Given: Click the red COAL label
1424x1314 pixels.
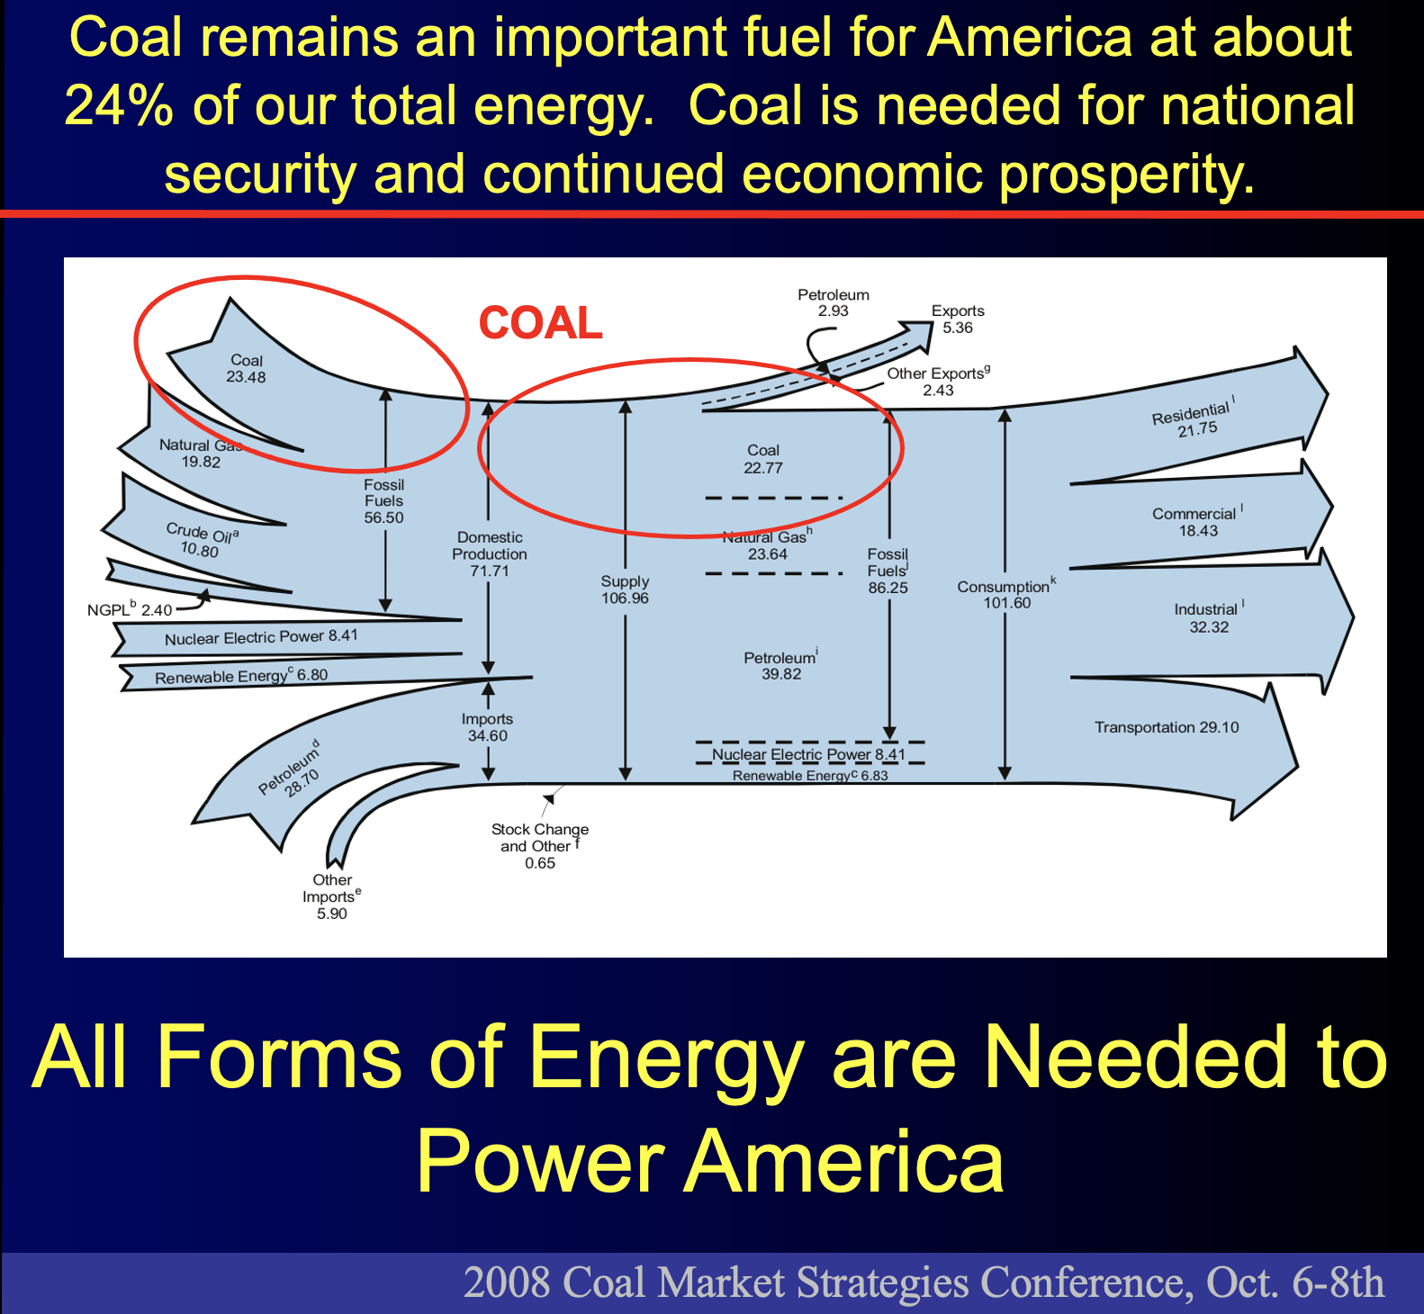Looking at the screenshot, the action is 540,322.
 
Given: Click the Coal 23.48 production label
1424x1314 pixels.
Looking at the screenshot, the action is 246,369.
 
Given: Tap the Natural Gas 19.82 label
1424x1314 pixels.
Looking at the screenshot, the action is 201,454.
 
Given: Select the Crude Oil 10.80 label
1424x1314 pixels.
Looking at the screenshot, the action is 201,540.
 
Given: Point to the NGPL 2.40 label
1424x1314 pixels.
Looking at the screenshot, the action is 130,609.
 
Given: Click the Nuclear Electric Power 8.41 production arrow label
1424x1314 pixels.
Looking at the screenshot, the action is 261,637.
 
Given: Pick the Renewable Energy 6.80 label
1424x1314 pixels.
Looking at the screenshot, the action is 241,676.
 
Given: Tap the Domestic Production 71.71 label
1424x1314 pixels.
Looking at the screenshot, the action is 490,553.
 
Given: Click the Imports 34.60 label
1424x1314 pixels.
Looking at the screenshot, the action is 487,727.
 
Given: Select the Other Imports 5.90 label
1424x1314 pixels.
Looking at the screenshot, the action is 331,896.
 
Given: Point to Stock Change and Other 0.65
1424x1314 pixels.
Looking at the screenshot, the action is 540,846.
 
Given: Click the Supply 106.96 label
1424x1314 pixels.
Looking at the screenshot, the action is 625,589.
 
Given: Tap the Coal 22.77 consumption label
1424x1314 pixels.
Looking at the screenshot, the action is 763,459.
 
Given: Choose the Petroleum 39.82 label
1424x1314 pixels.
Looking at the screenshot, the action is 780,665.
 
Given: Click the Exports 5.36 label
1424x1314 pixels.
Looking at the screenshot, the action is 958,319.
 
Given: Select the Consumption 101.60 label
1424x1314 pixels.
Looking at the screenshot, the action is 1006,594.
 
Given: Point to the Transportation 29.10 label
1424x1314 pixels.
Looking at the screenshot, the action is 1167,727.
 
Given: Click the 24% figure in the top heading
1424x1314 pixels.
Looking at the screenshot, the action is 119,105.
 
